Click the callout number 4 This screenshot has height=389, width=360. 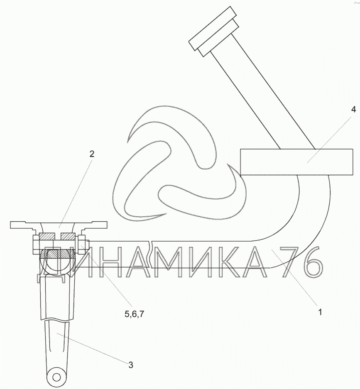click(x=353, y=110)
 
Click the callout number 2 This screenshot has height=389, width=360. click(x=92, y=154)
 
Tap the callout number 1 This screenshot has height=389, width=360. click(x=320, y=312)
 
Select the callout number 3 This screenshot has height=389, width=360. click(x=130, y=365)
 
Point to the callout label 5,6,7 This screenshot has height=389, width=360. click(x=134, y=314)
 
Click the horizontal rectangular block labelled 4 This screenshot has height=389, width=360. click(x=296, y=162)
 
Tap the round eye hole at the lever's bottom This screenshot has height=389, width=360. click(x=56, y=377)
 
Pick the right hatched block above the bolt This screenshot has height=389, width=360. click(x=68, y=237)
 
